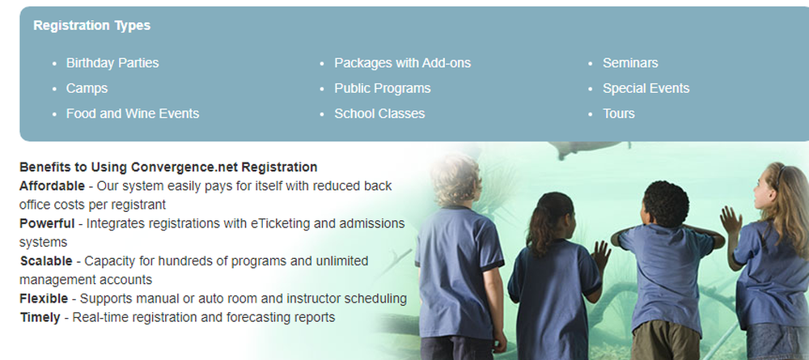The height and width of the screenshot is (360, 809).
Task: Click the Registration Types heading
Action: [x=92, y=26]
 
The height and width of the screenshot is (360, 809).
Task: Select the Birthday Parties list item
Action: [x=112, y=63]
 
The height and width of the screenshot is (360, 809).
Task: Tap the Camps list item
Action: [x=87, y=88]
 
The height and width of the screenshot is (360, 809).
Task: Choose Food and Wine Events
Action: [x=133, y=113]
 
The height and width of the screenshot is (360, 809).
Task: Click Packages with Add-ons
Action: [x=402, y=63]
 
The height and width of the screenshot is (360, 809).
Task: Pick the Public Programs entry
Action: [x=383, y=88]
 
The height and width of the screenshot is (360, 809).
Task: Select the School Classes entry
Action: [x=379, y=113]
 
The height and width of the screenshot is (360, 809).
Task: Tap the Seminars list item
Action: [x=630, y=63]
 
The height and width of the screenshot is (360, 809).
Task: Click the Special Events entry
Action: [x=646, y=88]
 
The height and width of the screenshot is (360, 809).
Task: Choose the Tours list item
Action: [x=619, y=113]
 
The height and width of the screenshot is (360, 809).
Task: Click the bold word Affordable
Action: [x=52, y=186]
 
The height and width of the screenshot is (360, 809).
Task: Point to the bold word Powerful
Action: [x=47, y=223]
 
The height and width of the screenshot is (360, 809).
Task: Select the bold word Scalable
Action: [x=46, y=261]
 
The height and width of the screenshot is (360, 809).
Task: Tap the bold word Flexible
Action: [x=44, y=299]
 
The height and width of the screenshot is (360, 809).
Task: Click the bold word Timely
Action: [x=40, y=317]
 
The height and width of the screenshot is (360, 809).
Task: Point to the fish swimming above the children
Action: [x=588, y=149]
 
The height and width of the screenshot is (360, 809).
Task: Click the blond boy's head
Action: [x=456, y=180]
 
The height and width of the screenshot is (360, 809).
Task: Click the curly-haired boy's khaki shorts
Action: [x=666, y=341]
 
